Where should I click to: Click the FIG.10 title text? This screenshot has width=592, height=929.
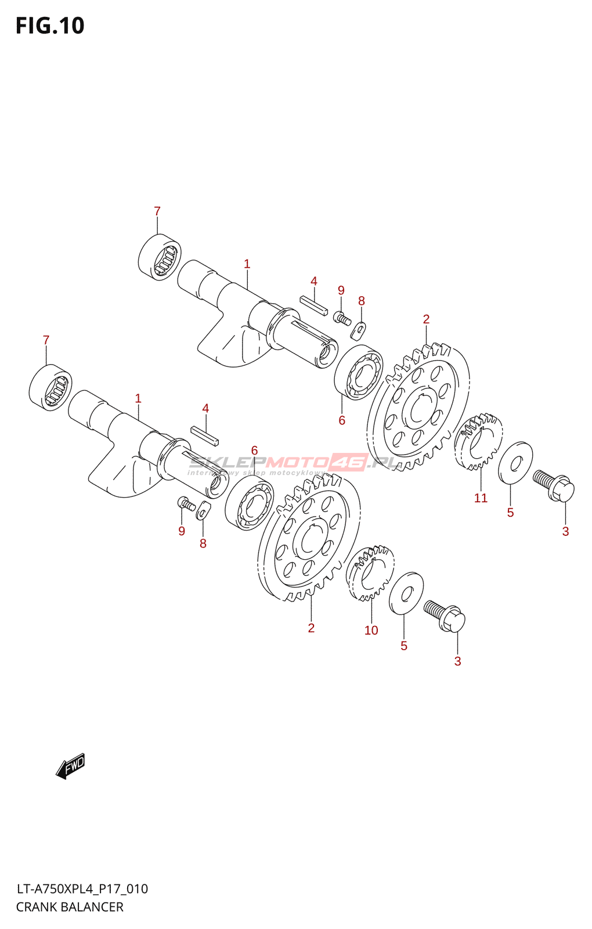tap(50, 26)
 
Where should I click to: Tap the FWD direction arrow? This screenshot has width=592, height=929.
tap(70, 766)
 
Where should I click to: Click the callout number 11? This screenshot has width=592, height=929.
tap(481, 498)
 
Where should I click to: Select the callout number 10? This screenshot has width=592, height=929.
tap(371, 631)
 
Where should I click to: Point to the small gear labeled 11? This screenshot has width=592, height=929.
tap(478, 442)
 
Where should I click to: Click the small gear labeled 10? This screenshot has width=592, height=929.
tap(370, 573)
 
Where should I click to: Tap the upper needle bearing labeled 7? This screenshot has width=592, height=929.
tap(160, 257)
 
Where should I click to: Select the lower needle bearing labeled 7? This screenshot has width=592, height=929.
tap(50, 387)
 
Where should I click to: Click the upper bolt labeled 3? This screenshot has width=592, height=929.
tap(554, 486)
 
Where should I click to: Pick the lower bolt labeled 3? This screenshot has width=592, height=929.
tap(445, 616)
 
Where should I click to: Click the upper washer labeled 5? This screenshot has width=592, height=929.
tap(515, 463)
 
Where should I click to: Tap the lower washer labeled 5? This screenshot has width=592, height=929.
tap(406, 593)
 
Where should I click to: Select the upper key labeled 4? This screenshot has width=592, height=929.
tap(313, 305)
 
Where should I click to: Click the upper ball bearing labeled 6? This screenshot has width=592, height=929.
tap(359, 372)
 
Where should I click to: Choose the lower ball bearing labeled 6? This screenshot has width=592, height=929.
tap(250, 503)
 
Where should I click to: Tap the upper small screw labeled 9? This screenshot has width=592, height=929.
tap(342, 318)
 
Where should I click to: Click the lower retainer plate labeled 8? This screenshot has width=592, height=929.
tap(201, 511)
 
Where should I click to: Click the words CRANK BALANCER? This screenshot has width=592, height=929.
tap(70, 907)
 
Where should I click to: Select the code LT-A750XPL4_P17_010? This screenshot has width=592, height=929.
tap(82, 889)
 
